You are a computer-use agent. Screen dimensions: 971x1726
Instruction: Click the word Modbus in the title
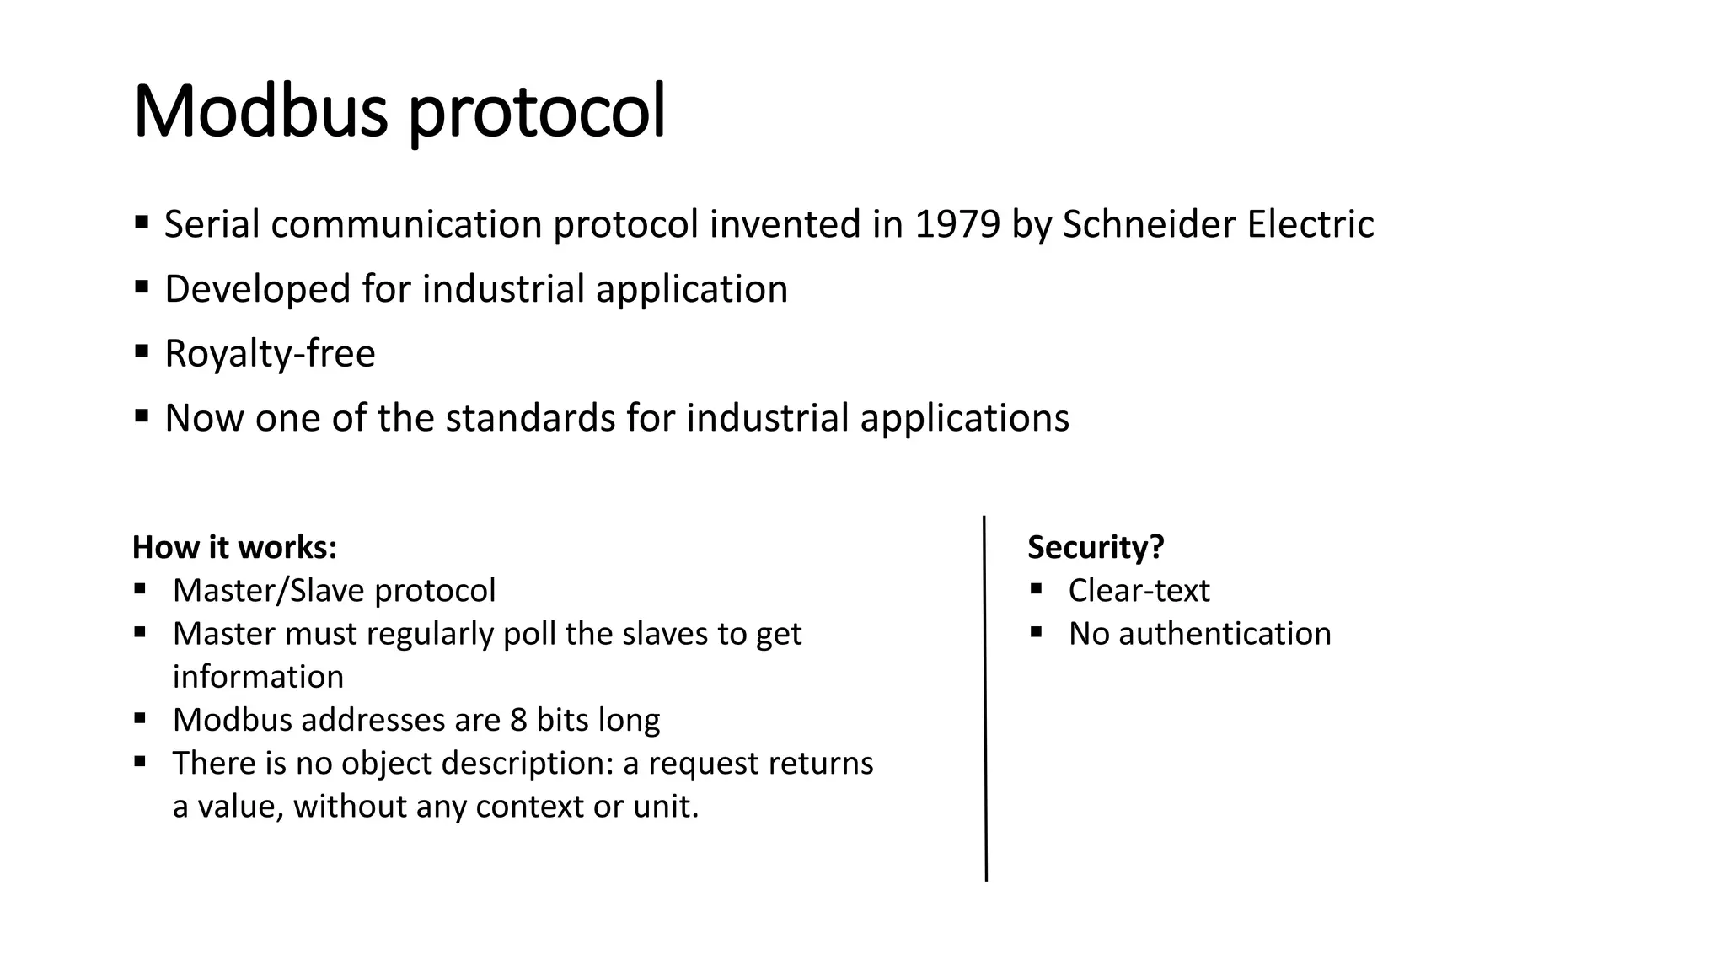[x=260, y=111]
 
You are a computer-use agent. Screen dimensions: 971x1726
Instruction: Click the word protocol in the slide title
[x=537, y=115]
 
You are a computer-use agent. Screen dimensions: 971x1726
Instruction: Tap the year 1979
[x=957, y=224]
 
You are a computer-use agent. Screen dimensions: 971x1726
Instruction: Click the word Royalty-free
[x=270, y=353]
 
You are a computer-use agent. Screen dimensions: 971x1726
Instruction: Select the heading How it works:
[x=234, y=548]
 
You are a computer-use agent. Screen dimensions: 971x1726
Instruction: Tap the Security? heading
[x=1096, y=548]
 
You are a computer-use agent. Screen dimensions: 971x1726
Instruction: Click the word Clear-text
[x=1139, y=591]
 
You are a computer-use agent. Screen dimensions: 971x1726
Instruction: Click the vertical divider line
[x=985, y=700]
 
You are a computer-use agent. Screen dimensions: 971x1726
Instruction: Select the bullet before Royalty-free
[x=141, y=350]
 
